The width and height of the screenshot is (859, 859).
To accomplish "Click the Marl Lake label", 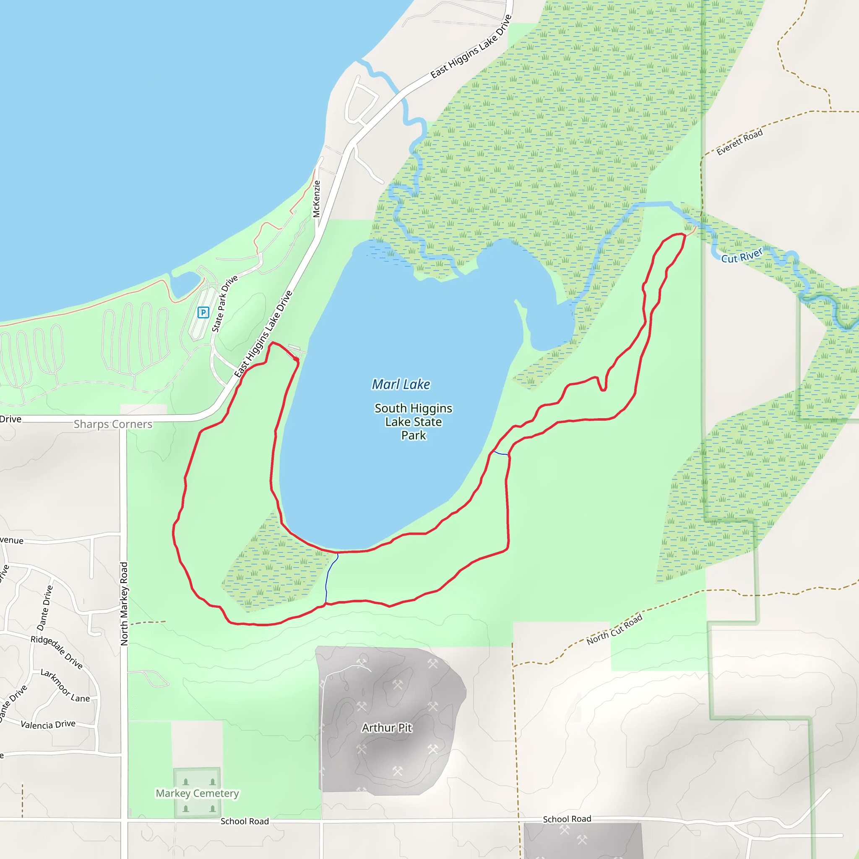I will [x=401, y=384].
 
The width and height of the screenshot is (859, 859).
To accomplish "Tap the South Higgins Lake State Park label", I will [x=413, y=422].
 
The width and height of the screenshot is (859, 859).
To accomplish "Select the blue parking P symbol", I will [x=203, y=312].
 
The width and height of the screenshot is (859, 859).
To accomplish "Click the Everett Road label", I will [x=739, y=142].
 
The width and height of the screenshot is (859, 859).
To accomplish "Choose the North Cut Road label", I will [x=614, y=629].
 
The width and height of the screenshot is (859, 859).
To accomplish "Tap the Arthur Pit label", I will [x=386, y=727].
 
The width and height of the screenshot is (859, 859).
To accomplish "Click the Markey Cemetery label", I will [x=197, y=793].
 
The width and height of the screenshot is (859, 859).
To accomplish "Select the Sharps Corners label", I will [x=113, y=424].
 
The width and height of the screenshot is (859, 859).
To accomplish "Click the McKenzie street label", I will [x=316, y=199].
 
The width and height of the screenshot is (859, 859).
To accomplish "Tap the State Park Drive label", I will [x=224, y=303].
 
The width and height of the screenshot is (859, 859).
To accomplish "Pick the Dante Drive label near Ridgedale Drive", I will [x=45, y=608].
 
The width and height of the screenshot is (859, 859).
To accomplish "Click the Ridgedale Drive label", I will [x=57, y=652].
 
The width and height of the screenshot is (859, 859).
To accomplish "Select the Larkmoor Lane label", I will [x=65, y=686].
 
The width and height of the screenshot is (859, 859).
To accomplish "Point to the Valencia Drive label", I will [x=48, y=724].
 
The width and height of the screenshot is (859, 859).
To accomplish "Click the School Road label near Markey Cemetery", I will [x=245, y=821].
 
